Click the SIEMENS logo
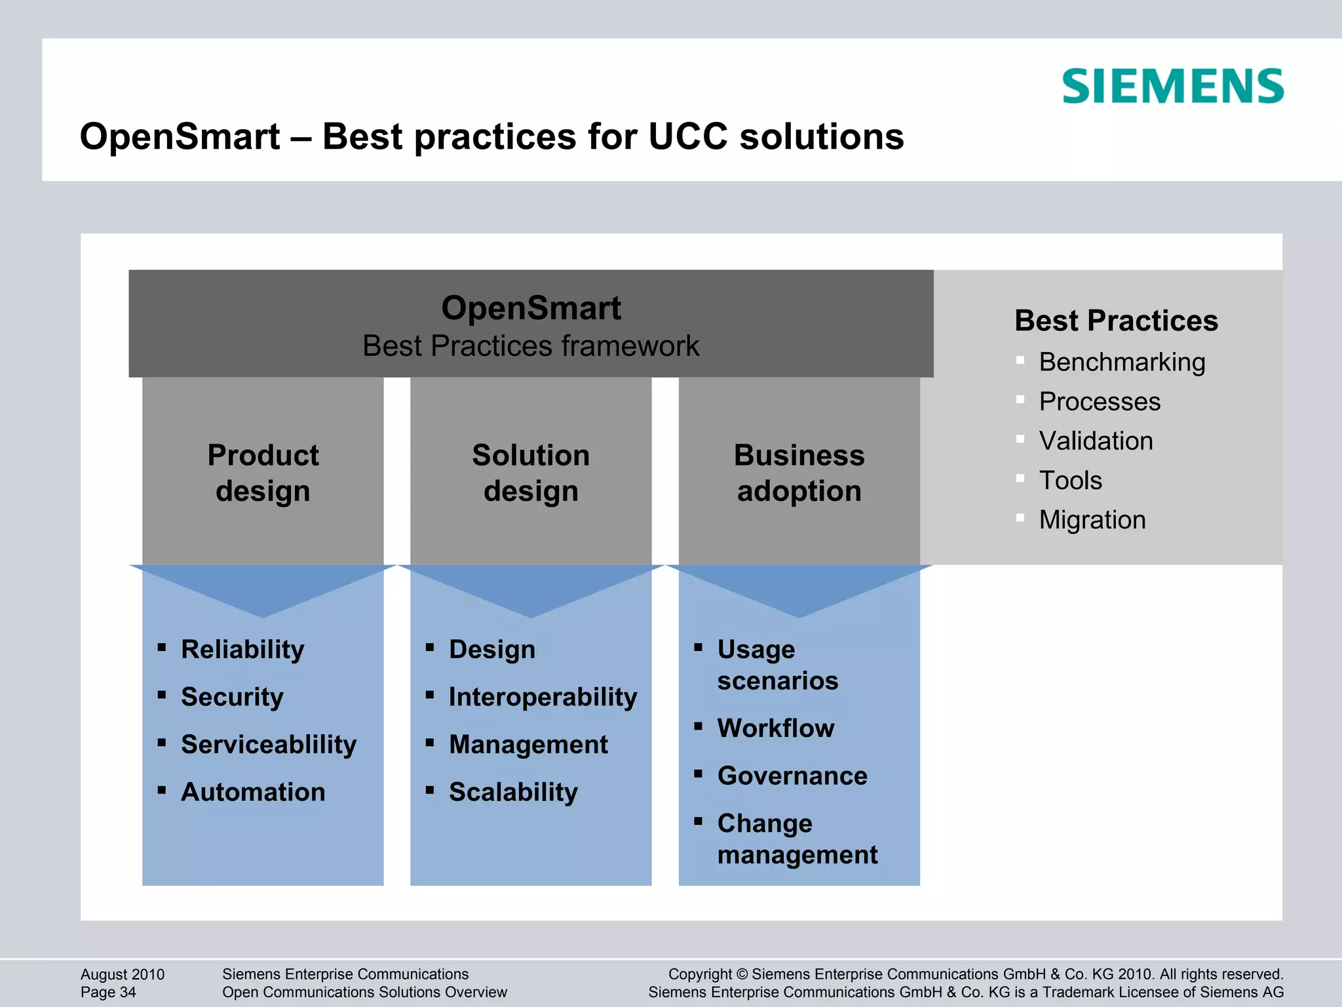pyautogui.click(x=1172, y=86)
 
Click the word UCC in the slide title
pyautogui.click(x=688, y=137)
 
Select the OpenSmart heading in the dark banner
pyautogui.click(x=531, y=308)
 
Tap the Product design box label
pyautogui.click(x=263, y=473)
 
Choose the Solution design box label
pyautogui.click(x=531, y=473)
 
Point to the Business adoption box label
pyautogui.click(x=799, y=473)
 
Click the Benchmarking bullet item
pyautogui.click(x=1121, y=362)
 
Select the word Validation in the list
pyautogui.click(x=1096, y=441)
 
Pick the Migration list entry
pyautogui.click(x=1092, y=520)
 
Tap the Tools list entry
pyautogui.click(x=1070, y=481)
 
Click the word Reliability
pyautogui.click(x=242, y=650)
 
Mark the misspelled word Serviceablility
pyautogui.click(x=269, y=745)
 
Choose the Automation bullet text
pyautogui.click(x=253, y=792)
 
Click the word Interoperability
pyautogui.click(x=543, y=697)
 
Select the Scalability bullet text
pyautogui.click(x=513, y=792)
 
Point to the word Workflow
pyautogui.click(x=775, y=728)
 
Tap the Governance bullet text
pyautogui.click(x=792, y=776)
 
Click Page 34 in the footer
pyautogui.click(x=108, y=993)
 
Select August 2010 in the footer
pyautogui.click(x=123, y=974)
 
